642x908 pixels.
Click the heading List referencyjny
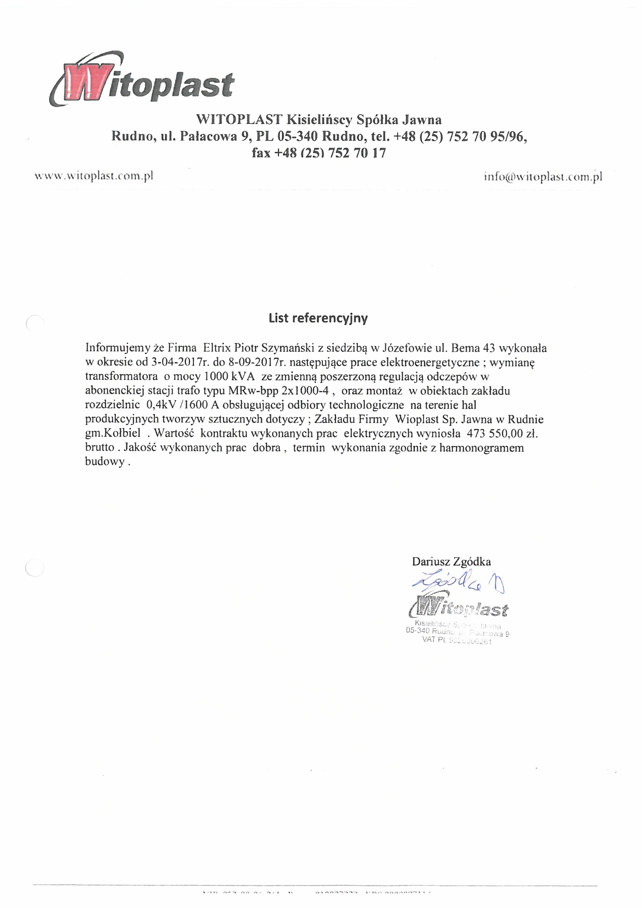tap(318, 318)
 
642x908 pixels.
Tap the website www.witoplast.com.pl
tap(94, 176)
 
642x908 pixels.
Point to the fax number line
tap(319, 153)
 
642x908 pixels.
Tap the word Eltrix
tap(217, 348)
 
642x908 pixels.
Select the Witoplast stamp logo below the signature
tap(458, 609)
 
